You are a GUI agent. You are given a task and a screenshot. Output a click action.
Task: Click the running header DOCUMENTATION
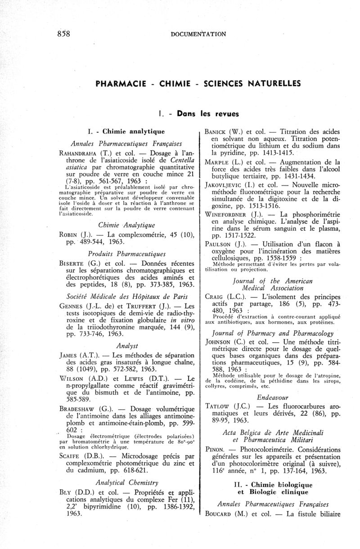[x=198, y=34]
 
